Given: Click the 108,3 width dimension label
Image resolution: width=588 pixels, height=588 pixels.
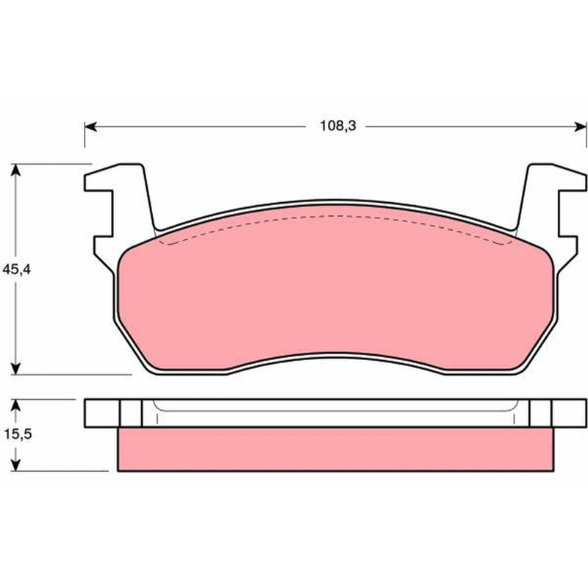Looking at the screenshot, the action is coord(337,126).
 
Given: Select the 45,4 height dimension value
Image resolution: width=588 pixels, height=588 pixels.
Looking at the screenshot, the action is coord(16,270).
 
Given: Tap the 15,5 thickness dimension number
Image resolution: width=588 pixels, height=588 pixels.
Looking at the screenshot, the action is coord(18,434).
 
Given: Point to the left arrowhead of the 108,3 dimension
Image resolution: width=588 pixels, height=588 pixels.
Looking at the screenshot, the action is coord(90,126).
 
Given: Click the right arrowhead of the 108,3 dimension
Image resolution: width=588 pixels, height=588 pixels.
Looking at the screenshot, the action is coord(580,126).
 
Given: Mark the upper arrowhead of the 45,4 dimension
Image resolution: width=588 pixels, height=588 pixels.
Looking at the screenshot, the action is coord(15,171).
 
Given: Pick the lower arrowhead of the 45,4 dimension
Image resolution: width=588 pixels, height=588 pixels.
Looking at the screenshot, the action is coord(15,368).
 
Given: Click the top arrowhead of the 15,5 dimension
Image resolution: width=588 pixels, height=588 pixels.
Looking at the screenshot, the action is coord(15,406).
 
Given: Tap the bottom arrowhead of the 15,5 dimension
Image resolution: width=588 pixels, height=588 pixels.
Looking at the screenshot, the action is coord(15,465).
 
